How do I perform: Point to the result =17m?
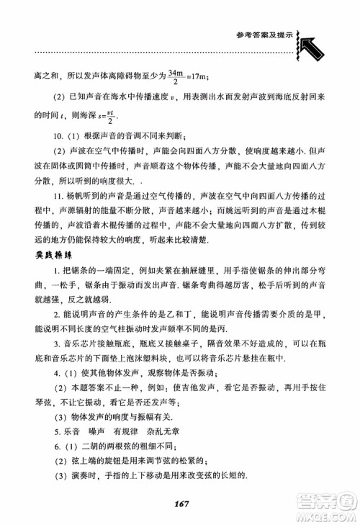[x=197, y=74]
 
